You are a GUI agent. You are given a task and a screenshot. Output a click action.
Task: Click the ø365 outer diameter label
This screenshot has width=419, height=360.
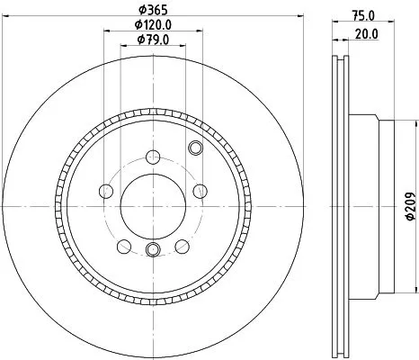149,10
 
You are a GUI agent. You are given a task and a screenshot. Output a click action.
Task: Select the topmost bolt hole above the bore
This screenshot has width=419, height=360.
149,136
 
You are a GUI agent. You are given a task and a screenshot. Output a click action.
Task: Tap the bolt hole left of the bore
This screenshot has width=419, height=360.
106,190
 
